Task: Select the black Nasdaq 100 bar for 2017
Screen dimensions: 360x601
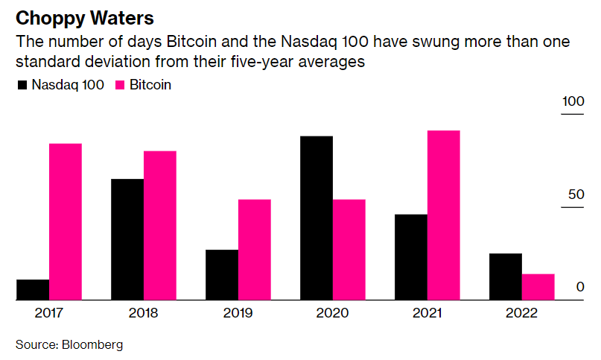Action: (x=33, y=289)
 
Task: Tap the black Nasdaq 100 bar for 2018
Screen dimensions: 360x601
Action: (x=127, y=239)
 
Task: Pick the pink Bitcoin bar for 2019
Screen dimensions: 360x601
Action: (x=254, y=250)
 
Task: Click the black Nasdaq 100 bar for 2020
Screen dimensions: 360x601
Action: (x=317, y=218)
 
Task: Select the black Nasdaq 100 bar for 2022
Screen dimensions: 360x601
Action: (x=506, y=277)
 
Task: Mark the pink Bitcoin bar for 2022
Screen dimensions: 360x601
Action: (x=538, y=287)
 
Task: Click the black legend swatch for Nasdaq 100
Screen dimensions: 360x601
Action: (x=22, y=86)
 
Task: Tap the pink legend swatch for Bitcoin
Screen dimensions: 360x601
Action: (x=120, y=86)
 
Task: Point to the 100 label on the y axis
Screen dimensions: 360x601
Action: (x=572, y=101)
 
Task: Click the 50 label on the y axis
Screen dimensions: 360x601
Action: (x=574, y=195)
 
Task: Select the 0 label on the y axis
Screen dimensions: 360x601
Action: (x=579, y=288)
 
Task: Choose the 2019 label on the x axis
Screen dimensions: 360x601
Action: (x=238, y=313)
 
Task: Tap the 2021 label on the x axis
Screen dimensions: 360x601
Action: (x=427, y=313)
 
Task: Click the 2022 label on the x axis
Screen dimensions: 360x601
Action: (x=521, y=313)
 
